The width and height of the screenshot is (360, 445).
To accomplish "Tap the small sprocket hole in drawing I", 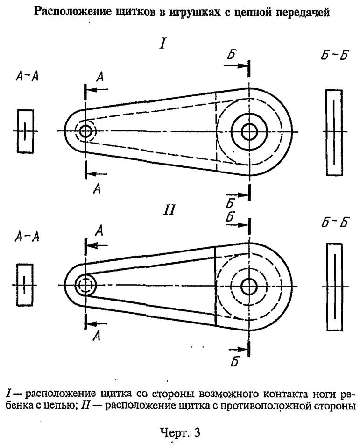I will pyautogui.click(x=85, y=131).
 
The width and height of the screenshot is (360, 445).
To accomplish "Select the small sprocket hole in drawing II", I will pyautogui.click(x=85, y=284).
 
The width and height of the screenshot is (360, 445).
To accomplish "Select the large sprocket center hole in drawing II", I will pyautogui.click(x=249, y=284).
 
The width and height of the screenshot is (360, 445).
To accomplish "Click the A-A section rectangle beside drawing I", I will pyautogui.click(x=25, y=131).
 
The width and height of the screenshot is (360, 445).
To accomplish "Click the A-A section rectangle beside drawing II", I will pyautogui.click(x=24, y=285).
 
